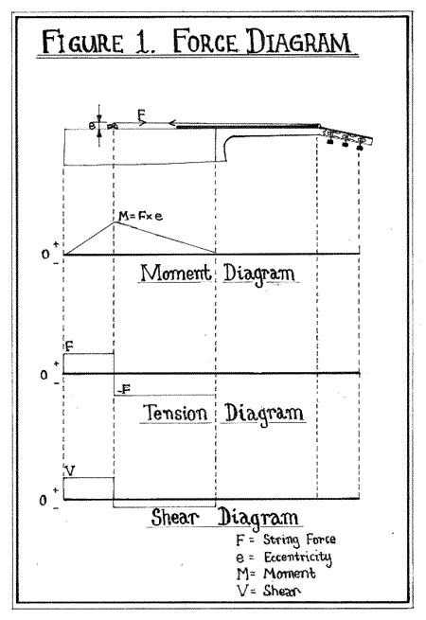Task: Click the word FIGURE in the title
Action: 82,42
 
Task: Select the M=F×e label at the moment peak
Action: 140,216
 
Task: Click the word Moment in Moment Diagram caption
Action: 176,273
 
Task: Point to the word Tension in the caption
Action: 175,413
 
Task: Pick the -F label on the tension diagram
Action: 125,389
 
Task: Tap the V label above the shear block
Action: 70,470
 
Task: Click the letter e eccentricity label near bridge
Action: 92,126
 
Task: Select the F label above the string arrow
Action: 142,115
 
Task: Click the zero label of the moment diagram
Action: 45,255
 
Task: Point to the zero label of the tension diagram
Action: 44,375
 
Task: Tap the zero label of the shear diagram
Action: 44,501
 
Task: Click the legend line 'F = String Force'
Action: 286,540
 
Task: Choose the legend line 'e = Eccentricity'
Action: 283,558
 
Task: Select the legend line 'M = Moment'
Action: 276,574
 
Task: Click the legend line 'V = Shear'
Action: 269,591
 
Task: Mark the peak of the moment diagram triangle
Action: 115,221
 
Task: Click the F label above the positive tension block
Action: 69,346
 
